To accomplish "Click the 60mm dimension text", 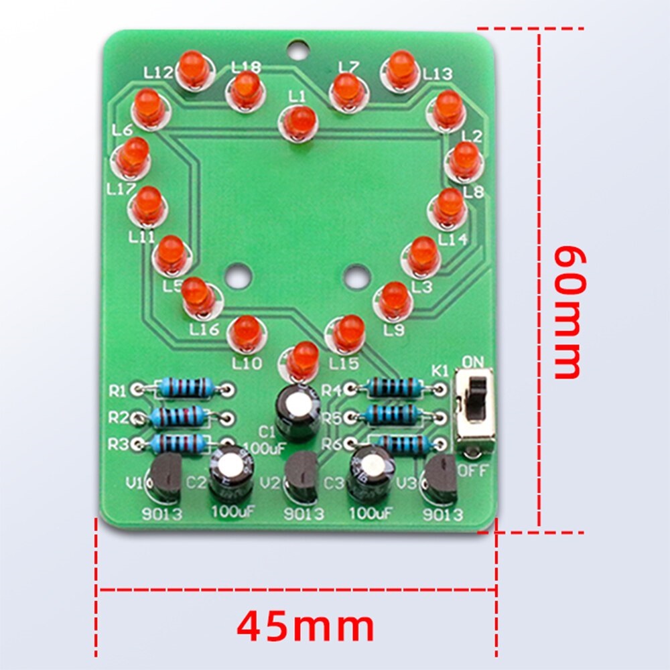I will point(570,312).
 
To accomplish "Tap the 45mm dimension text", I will point(306,627).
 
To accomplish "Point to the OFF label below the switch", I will point(473,471).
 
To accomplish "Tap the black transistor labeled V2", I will point(302,477).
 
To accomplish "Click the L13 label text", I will point(438,74).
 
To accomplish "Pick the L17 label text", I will point(121,190).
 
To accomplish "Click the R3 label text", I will point(118,444).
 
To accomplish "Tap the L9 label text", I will point(394,330).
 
